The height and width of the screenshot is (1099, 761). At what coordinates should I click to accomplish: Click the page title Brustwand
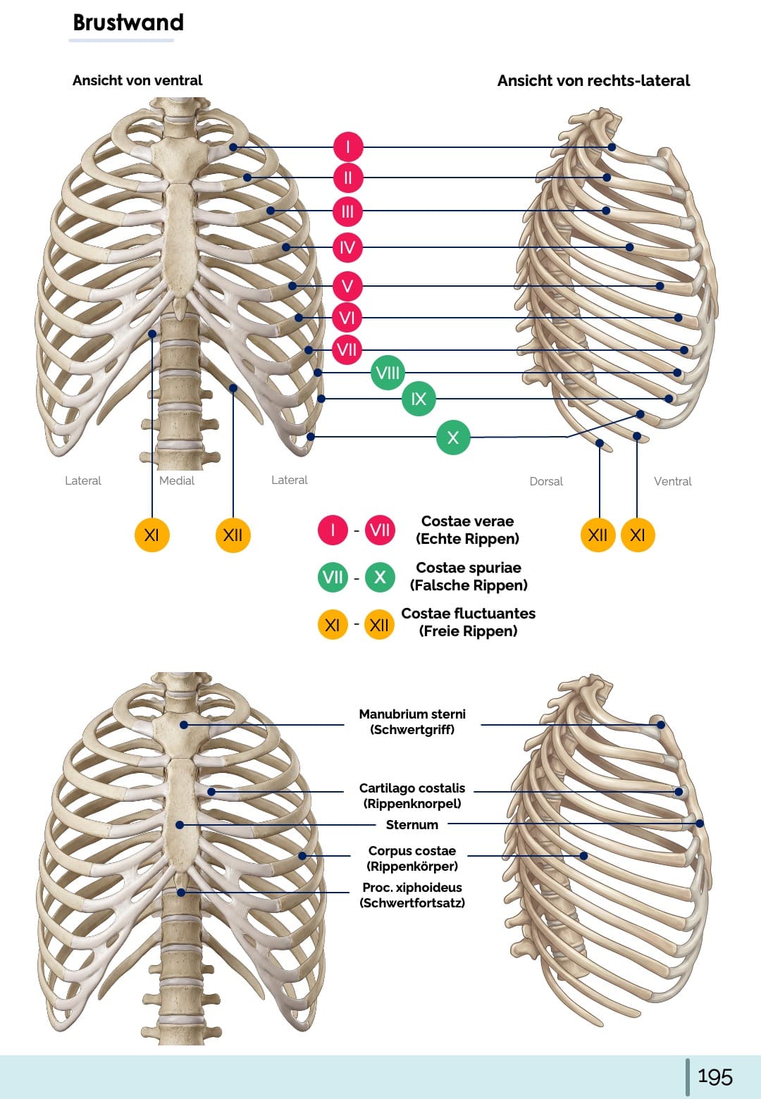128,23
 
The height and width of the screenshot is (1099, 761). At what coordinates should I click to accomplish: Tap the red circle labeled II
348,178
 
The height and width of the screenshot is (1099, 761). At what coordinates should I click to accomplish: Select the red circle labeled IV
348,247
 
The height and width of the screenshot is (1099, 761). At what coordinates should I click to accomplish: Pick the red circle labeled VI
348,318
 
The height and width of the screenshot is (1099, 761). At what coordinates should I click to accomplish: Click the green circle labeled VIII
388,373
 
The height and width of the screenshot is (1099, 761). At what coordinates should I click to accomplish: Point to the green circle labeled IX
419,399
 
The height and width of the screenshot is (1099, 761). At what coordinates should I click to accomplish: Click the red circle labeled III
348,211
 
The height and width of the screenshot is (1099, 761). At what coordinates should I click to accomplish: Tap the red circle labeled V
348,286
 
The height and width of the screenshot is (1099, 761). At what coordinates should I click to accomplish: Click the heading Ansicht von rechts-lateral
593,80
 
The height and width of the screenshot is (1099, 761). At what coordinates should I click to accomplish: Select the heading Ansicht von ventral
137,80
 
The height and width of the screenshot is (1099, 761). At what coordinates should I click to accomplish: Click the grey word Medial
177,480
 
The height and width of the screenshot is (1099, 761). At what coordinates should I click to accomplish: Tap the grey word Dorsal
546,481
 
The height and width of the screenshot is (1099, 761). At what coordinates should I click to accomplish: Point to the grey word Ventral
673,481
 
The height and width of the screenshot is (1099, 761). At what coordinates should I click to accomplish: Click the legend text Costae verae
467,521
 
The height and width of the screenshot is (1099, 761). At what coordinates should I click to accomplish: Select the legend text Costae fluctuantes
468,614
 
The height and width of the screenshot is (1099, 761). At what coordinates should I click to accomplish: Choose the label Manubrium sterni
412,714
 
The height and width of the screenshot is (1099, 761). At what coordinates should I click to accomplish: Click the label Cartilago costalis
412,788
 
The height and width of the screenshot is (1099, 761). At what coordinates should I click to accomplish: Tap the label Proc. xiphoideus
412,888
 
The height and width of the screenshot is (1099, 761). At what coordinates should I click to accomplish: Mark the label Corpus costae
412,851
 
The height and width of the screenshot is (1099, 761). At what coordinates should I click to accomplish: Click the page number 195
714,1076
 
